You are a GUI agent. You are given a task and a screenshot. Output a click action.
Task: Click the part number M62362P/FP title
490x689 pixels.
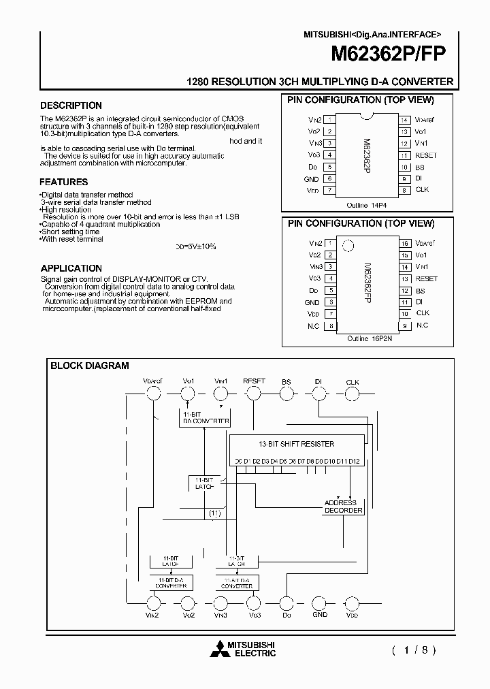click(389, 55)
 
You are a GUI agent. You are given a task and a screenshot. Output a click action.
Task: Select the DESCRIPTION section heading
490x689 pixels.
click(71, 106)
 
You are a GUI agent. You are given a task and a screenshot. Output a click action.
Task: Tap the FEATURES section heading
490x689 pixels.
click(63, 182)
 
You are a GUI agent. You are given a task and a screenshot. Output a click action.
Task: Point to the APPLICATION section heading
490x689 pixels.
click(71, 268)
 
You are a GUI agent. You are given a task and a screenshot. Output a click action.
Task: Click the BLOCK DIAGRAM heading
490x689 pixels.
click(89, 366)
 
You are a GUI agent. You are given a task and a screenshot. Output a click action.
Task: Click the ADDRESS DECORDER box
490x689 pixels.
click(343, 507)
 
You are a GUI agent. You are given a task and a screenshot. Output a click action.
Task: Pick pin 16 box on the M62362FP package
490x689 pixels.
click(404, 243)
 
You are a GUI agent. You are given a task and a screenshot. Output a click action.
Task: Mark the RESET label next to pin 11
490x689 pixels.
click(426, 155)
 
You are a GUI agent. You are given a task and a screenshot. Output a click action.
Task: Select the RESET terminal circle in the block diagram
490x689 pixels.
click(253, 393)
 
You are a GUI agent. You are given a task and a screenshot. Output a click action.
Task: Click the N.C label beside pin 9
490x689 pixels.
click(422, 325)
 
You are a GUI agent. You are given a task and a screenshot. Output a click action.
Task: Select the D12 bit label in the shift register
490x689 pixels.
click(353, 462)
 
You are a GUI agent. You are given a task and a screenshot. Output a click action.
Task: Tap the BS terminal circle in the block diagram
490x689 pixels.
click(286, 393)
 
